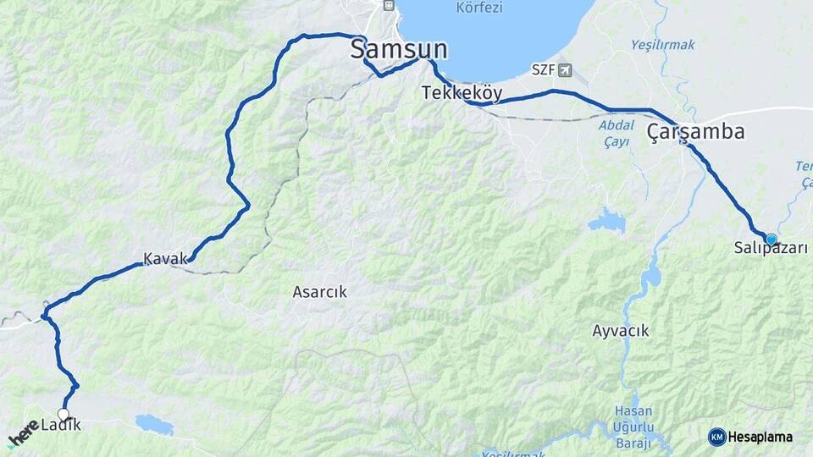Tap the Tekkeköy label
pyautogui.click(x=462, y=93)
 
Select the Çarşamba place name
pyautogui.click(x=696, y=132)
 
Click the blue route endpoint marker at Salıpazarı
pyautogui.click(x=771, y=240)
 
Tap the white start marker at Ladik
pyautogui.click(x=63, y=414)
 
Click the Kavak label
pyautogui.click(x=164, y=258)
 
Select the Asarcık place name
pyautogui.click(x=319, y=292)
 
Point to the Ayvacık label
pyautogui.click(x=621, y=331)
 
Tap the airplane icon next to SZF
pyautogui.click(x=565, y=69)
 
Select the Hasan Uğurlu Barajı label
pyautogui.click(x=633, y=427)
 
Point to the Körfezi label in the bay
pyautogui.click(x=479, y=8)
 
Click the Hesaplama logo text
pyautogui.click(x=760, y=437)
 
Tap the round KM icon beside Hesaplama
pyautogui.click(x=717, y=437)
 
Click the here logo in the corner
pyautogui.click(x=23, y=434)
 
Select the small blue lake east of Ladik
pyautogui.click(x=154, y=423)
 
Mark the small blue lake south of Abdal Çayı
pyautogui.click(x=607, y=222)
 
